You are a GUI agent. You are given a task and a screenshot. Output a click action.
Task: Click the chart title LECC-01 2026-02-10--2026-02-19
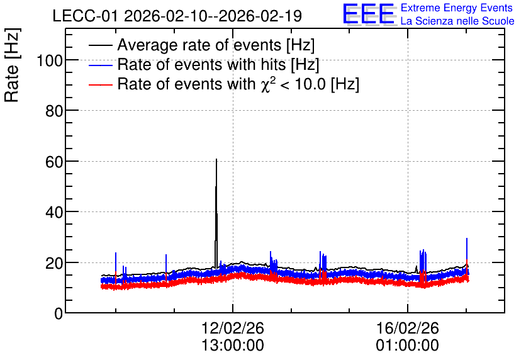177,16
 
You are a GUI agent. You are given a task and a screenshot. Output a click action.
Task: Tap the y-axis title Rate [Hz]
12,65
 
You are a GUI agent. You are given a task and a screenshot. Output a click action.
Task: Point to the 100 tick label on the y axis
50,60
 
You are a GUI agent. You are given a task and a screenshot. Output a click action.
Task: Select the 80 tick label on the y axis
54,111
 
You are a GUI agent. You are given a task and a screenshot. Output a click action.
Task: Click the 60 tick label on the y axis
54,162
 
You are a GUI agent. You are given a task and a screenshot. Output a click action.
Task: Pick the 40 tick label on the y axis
54,212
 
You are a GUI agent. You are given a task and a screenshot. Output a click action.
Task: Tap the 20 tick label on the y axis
54,263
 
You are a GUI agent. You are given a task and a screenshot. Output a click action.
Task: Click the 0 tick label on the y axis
59,313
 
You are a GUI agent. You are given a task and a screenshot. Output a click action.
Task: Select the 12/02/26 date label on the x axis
233,328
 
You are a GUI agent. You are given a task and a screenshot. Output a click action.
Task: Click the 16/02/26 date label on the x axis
408,328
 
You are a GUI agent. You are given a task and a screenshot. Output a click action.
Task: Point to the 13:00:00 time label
233,346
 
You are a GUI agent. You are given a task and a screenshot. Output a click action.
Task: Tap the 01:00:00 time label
408,346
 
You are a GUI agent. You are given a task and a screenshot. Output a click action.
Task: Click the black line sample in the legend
100,45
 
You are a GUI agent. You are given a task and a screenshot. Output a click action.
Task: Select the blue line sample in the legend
100,65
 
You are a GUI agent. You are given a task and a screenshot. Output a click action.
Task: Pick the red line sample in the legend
100,84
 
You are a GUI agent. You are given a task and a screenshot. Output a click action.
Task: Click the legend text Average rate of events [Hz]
216,45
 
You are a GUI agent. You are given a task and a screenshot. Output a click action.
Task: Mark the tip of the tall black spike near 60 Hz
216,159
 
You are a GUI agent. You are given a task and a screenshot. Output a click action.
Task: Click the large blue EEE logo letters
369,14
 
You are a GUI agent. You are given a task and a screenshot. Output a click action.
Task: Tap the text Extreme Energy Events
457,8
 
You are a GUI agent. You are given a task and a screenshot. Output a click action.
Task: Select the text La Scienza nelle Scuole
457,21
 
